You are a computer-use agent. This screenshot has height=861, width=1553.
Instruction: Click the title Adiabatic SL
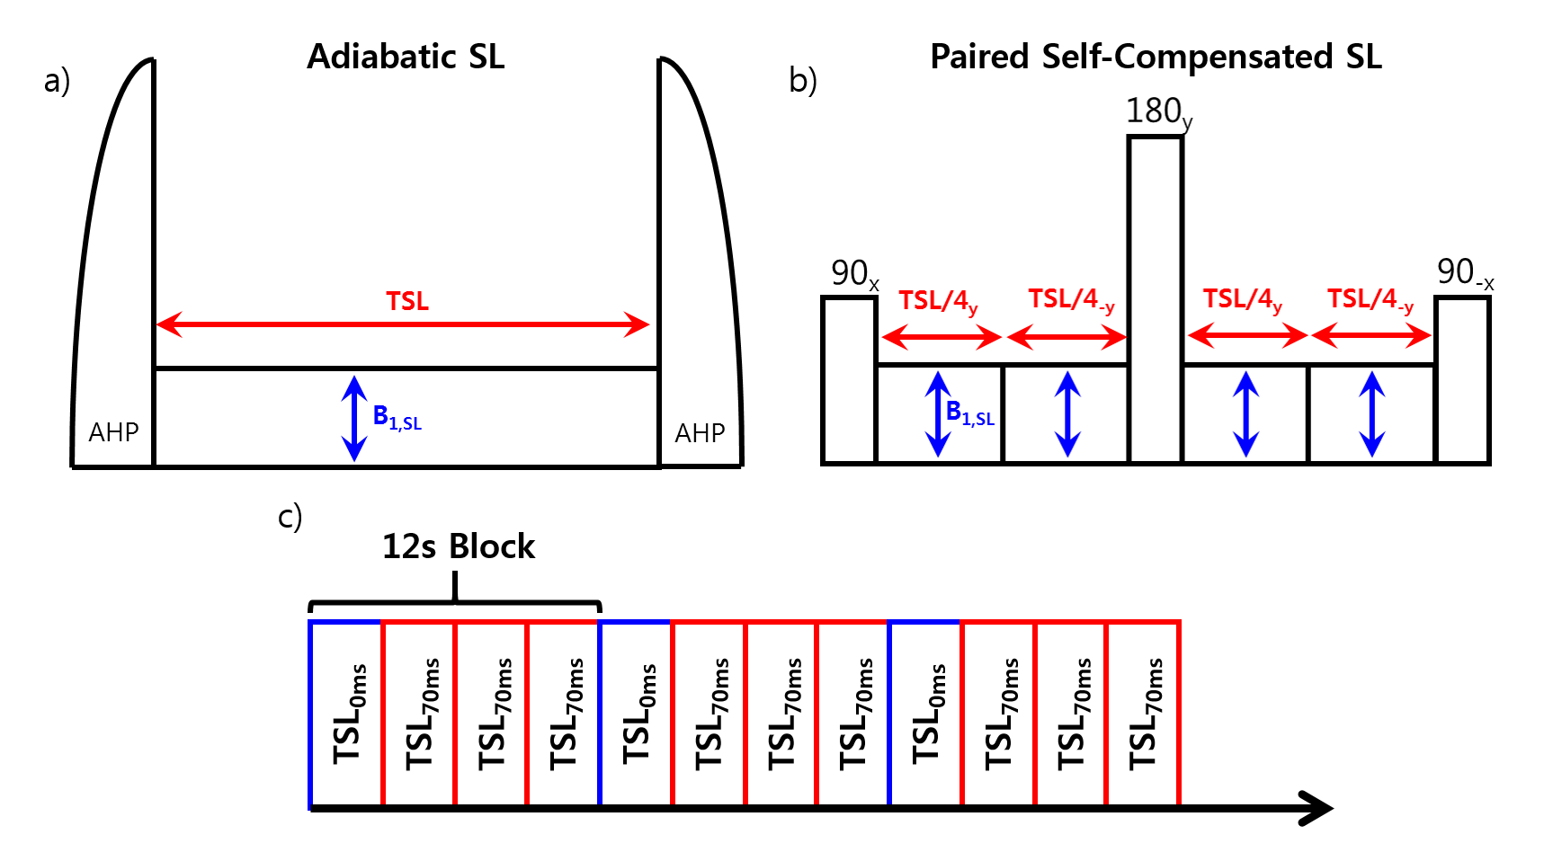(406, 57)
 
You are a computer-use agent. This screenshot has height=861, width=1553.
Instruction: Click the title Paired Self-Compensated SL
(1155, 57)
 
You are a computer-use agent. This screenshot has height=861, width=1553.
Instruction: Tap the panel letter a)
(58, 81)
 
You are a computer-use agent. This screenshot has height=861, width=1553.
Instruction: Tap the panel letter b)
(802, 81)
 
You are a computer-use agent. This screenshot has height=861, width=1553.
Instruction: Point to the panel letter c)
(290, 517)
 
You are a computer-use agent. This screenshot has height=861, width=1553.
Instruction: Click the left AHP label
(113, 432)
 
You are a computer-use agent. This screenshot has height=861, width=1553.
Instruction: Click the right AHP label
(700, 433)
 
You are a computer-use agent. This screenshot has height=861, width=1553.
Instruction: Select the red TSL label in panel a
(406, 301)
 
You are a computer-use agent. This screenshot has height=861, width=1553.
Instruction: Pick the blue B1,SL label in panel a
(397, 417)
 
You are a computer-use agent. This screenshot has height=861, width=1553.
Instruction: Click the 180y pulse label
(1158, 112)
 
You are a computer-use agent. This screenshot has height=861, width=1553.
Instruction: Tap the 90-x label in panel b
(1465, 272)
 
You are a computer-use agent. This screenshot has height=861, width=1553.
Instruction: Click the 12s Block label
(458, 546)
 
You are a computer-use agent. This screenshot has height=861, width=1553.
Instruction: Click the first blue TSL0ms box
(346, 715)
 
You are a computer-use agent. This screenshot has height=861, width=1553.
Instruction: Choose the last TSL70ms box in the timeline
(1143, 715)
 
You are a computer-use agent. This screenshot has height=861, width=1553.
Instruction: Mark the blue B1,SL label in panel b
(970, 413)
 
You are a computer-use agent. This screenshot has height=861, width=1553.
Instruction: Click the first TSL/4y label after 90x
(937, 301)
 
